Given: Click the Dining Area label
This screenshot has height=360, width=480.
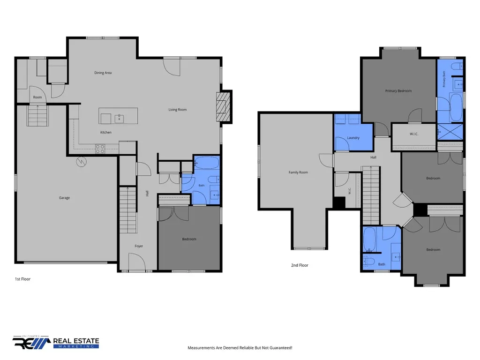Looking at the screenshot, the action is click(x=103, y=73).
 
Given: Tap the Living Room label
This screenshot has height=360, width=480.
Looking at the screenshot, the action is click(x=178, y=110).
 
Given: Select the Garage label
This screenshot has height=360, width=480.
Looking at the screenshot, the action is click(x=64, y=198).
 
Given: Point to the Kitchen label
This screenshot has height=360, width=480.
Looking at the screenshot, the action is click(x=106, y=132).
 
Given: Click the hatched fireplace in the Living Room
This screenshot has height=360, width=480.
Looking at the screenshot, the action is click(x=223, y=107).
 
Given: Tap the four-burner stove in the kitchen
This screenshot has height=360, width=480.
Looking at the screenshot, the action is click(x=100, y=149).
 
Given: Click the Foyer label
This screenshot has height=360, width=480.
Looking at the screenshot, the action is click(x=139, y=246).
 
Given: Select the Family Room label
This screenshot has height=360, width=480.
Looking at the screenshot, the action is click(x=298, y=172).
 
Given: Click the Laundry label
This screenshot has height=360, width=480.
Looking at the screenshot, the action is click(x=353, y=138).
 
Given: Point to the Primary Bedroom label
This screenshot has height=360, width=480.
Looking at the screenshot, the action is click(x=398, y=91).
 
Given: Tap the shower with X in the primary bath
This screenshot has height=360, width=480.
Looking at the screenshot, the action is click(x=450, y=132).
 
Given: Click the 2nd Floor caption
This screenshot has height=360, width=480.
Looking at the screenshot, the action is click(x=300, y=265).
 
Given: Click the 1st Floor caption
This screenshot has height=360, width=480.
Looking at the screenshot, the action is click(x=22, y=279).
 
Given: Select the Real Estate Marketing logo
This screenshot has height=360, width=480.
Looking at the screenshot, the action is click(x=56, y=342).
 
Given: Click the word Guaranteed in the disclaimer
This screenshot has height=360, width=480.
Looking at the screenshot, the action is click(x=281, y=348).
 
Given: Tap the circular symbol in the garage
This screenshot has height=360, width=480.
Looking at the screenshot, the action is click(x=82, y=162).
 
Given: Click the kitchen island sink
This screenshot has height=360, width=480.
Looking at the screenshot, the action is click(x=119, y=119).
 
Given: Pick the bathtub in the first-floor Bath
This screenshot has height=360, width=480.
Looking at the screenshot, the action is click(x=207, y=163).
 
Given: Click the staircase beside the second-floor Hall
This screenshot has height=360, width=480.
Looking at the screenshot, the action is click(x=371, y=195).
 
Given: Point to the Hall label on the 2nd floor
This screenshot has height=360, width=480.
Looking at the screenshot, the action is click(x=373, y=157).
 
